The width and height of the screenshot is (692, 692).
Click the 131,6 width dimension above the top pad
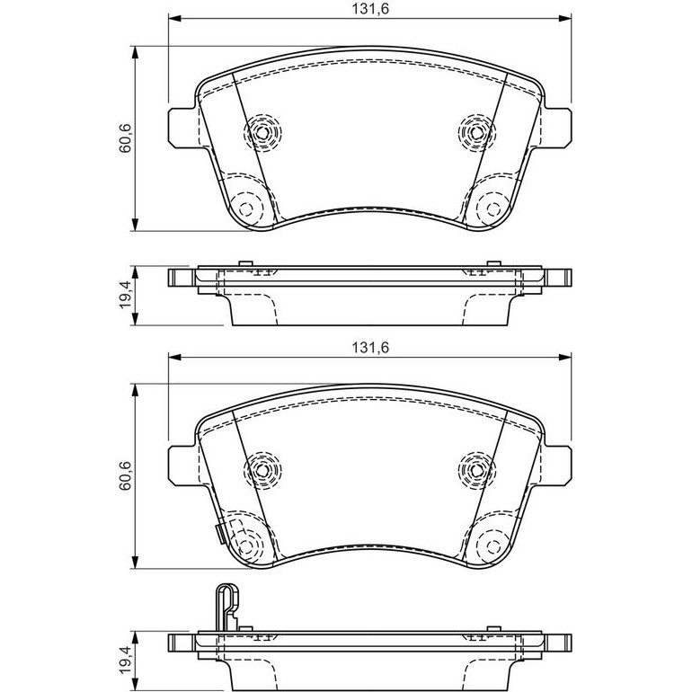click(x=370, y=9)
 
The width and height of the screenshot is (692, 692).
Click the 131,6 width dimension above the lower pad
click(x=370, y=347)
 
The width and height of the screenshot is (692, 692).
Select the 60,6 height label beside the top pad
click(x=125, y=139)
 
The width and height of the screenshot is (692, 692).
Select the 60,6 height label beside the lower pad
click(x=125, y=476)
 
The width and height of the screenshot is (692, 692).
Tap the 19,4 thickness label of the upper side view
click(x=125, y=294)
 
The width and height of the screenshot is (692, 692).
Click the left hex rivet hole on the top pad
click(x=262, y=132)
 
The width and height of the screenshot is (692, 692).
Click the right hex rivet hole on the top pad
click(x=476, y=132)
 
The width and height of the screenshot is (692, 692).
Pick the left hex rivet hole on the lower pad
click(x=262, y=469)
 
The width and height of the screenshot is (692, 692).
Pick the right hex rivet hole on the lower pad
click(x=476, y=469)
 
